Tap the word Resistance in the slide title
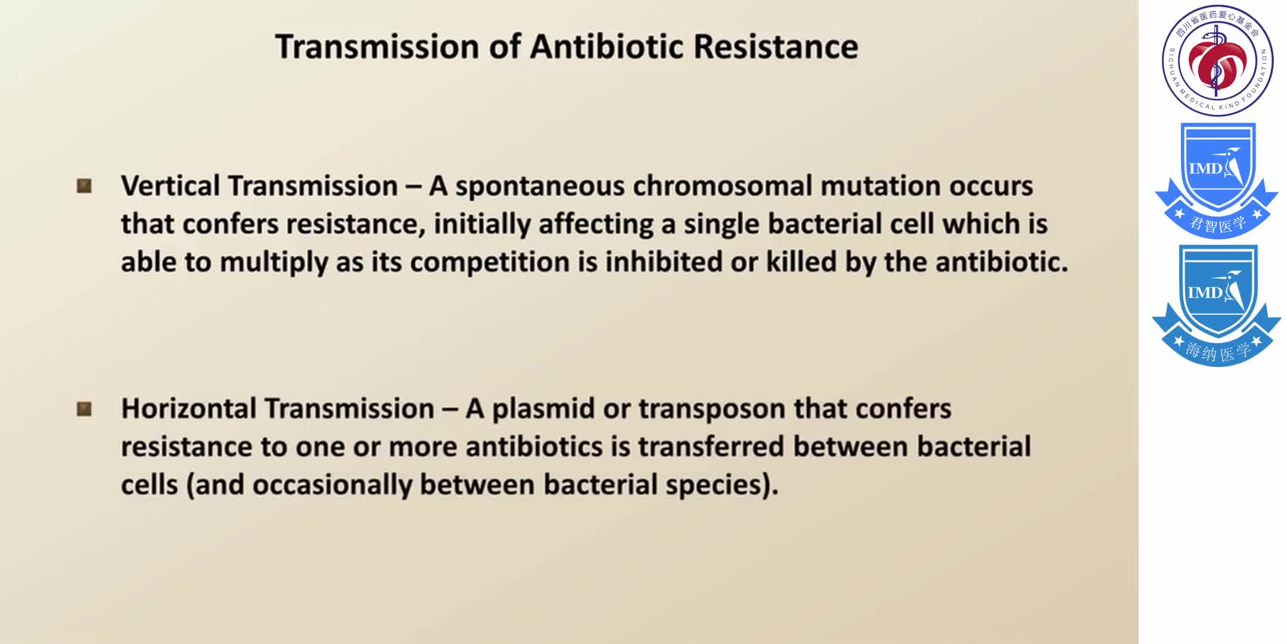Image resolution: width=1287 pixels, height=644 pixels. click(x=776, y=47)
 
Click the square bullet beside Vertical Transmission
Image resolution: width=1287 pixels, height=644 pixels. click(x=85, y=186)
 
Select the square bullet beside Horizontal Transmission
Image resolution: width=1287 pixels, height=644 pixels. click(x=85, y=409)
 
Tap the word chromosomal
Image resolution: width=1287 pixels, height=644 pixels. click(x=722, y=186)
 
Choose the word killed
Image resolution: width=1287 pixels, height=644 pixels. click(x=801, y=262)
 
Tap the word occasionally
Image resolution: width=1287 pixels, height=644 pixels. click(x=332, y=485)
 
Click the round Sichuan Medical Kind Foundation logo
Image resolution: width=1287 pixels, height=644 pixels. click(x=1217, y=60)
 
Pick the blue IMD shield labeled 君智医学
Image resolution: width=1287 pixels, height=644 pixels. click(x=1217, y=180)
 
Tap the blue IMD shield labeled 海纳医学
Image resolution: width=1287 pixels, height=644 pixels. click(x=1217, y=304)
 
